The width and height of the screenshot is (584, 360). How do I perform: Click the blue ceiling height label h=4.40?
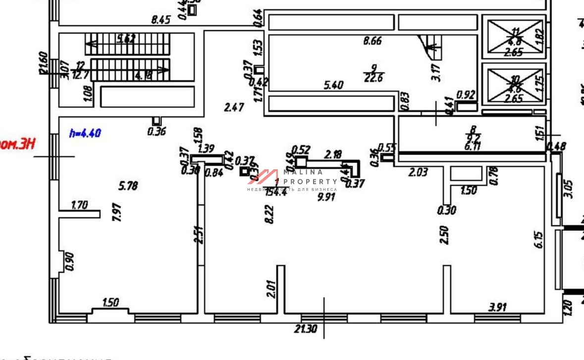(85, 133)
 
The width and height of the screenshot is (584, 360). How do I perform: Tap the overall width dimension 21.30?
(305, 329)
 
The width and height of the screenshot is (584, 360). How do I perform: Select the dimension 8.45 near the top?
(160, 20)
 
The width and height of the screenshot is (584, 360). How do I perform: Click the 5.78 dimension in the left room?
(128, 186)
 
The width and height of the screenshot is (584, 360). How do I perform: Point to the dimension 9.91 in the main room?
(327, 197)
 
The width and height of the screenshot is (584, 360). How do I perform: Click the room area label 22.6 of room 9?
(373, 77)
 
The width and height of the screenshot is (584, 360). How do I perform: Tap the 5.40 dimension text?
(333, 86)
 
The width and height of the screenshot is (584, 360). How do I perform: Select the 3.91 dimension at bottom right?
(497, 308)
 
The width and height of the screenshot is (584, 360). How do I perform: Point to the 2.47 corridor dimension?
(233, 107)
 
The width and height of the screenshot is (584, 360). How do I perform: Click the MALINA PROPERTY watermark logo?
(292, 179)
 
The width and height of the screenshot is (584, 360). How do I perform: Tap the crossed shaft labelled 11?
(515, 37)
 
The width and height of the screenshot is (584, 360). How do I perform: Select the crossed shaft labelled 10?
(515, 86)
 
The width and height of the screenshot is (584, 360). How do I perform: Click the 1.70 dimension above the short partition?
(79, 205)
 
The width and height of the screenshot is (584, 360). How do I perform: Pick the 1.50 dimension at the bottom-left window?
(110, 303)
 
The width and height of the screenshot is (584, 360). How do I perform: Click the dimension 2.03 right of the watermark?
(418, 172)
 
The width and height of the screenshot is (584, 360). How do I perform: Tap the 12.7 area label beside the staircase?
(79, 75)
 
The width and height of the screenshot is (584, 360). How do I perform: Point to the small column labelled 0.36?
(157, 121)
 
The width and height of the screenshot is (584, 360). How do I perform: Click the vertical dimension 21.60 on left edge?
(43, 63)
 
